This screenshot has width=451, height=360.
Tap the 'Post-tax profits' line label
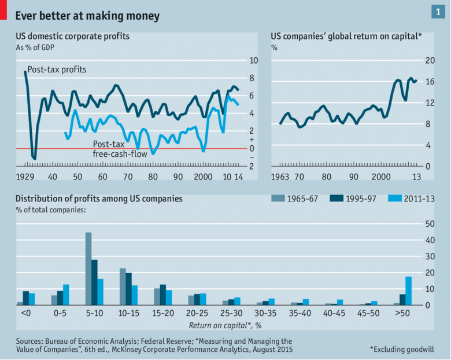[x=57, y=70]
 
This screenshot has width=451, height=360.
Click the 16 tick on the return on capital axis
[x=430, y=82]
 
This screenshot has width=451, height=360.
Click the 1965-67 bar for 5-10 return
[x=88, y=269]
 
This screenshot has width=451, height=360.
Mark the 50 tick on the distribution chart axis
[x=430, y=223]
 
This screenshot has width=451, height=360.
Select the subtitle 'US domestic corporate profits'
[x=72, y=36]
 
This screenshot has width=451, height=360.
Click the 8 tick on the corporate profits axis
[x=253, y=78]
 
